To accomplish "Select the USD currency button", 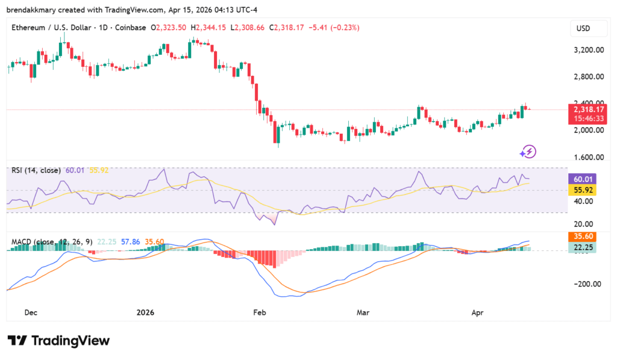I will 583,28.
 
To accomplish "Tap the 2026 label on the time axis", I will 145,312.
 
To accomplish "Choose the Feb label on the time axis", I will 259,312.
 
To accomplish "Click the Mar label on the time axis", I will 363,312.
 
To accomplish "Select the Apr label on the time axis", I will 477,312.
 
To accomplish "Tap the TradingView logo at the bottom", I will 58,341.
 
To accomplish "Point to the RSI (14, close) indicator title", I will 37,170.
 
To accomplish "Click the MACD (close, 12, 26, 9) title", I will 52,242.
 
